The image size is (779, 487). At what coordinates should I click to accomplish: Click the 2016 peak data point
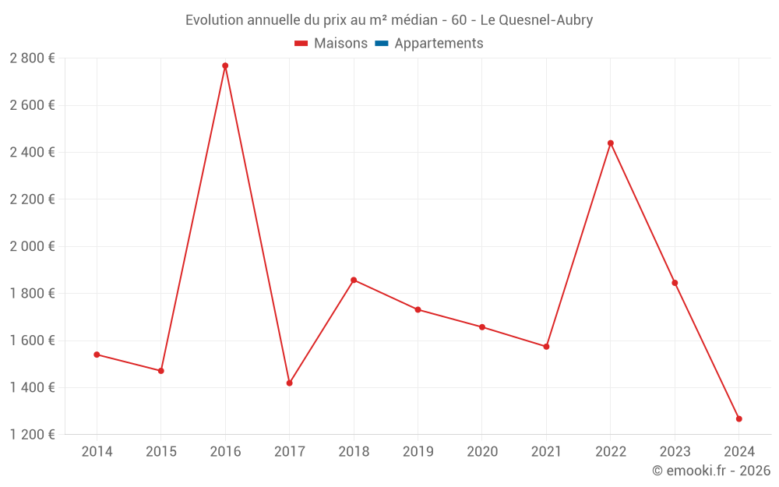coord(225,65)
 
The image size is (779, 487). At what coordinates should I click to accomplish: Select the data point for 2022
coord(611,143)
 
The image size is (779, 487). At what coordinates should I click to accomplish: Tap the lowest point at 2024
coord(739,418)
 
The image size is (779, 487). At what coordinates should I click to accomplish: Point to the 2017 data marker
coord(289,383)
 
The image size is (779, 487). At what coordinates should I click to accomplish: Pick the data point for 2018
coord(354,280)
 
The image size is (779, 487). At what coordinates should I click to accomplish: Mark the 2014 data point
coord(97,355)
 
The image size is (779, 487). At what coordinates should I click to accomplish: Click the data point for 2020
coord(482,327)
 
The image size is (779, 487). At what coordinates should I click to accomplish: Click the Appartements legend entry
coord(439,44)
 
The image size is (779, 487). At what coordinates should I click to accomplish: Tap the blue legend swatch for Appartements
coord(382,44)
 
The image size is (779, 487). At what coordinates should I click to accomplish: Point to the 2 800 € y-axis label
coord(33,58)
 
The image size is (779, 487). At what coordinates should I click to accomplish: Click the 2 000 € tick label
coord(33,246)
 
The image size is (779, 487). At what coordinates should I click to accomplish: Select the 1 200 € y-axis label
coord(33,435)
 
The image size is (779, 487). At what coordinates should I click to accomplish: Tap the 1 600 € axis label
coord(33,341)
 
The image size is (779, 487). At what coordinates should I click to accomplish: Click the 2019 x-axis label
coord(418,452)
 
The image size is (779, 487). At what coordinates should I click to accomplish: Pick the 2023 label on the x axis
coord(675,452)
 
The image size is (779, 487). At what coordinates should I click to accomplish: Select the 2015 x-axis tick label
coord(161,452)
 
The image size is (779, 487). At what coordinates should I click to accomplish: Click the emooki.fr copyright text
coord(710,471)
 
